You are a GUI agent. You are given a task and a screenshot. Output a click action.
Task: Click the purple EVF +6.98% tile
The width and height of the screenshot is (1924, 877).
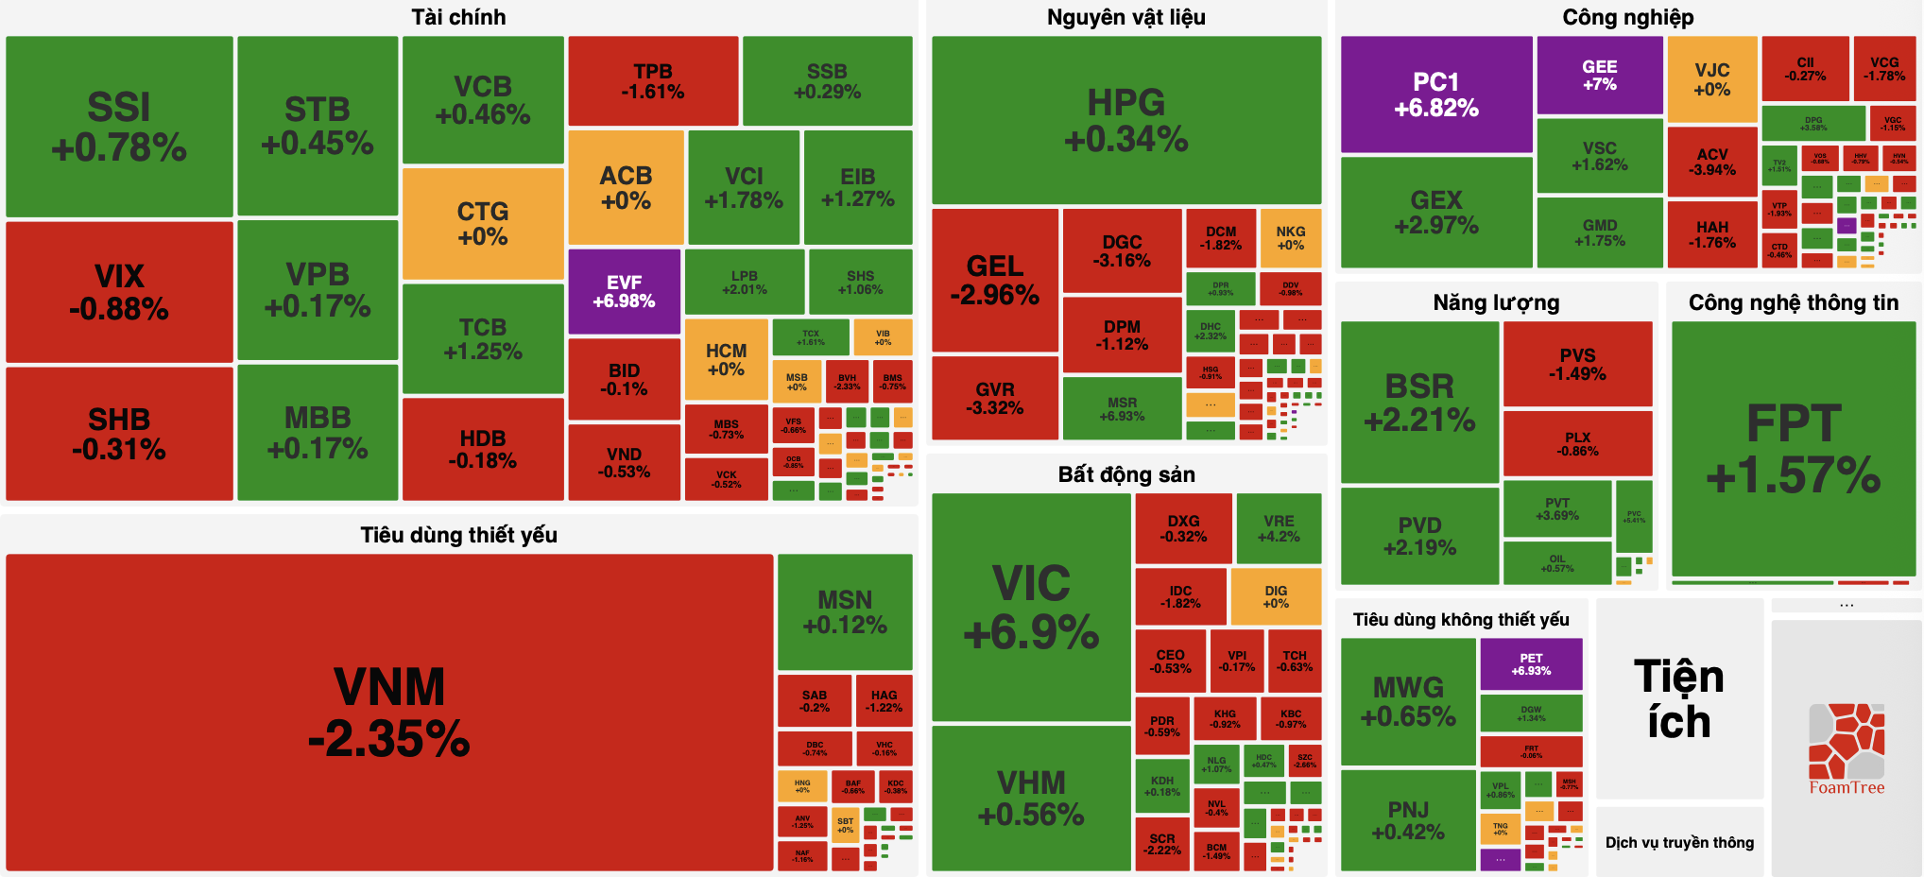(x=624, y=291)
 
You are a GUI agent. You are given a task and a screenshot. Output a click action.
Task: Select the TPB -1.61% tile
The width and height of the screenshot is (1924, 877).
(x=653, y=81)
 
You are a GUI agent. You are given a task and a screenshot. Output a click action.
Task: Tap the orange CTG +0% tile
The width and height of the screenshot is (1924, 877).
(x=483, y=223)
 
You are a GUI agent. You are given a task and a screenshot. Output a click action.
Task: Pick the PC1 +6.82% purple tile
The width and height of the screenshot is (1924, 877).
(x=1435, y=95)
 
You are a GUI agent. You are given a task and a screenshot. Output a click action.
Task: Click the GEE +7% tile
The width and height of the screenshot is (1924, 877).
(x=1599, y=75)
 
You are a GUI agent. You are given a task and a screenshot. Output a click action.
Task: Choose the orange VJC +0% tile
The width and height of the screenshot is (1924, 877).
(x=1711, y=79)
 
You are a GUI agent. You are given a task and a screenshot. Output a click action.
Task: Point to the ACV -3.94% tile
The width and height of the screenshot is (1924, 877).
(x=1711, y=162)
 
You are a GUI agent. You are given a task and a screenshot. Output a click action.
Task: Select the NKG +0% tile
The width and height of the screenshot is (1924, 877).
(x=1290, y=237)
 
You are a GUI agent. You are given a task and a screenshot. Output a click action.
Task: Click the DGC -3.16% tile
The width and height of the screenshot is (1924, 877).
(x=1122, y=250)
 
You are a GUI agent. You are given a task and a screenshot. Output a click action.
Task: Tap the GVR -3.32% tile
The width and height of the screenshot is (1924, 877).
(x=994, y=398)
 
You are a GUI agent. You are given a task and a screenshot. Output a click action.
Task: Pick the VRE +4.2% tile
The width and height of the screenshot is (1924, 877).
(x=1279, y=528)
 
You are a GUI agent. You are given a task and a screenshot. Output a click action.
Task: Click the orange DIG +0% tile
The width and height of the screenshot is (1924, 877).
(x=1275, y=596)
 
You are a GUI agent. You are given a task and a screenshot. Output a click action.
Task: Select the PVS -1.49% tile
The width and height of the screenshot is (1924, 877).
(x=1577, y=364)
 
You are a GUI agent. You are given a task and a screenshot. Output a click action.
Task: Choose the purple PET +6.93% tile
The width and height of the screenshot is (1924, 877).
(x=1531, y=663)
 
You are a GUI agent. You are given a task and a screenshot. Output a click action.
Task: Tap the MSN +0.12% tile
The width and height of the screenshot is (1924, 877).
(x=845, y=611)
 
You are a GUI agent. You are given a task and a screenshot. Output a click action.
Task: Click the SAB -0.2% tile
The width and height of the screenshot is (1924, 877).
(x=814, y=700)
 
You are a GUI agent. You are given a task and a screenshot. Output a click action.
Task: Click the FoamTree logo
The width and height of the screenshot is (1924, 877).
(x=1846, y=748)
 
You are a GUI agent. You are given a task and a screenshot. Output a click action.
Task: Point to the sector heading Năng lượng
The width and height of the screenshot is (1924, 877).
(x=1496, y=302)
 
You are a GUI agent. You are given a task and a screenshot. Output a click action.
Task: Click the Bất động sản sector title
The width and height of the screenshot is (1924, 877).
(x=1125, y=474)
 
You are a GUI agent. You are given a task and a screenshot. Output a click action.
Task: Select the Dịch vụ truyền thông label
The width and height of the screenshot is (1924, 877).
(x=1679, y=842)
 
